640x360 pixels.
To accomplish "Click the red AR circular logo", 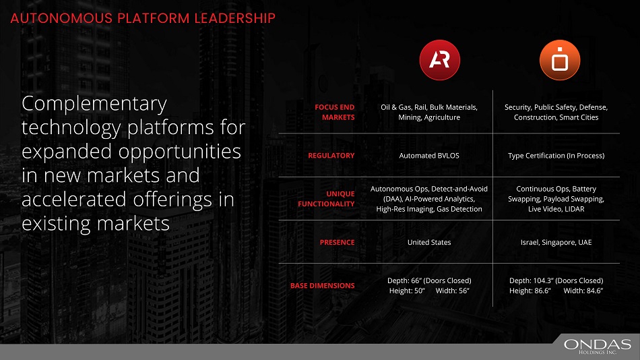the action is pos(440,60).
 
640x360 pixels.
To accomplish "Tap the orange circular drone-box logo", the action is pos(560,60).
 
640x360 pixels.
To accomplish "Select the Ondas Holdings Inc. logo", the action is pos(597,346).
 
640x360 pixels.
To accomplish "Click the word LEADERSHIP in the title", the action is pos(234,18).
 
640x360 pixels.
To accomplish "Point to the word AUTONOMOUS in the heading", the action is pos(61,18).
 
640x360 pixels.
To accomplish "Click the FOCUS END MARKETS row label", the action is pos(334,112).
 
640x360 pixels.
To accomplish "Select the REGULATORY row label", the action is pos(331,155).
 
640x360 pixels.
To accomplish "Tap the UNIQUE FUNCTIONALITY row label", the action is pos(326,199).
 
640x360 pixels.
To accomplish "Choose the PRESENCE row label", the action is pos(337,242).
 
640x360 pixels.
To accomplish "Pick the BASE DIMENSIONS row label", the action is pos(323,286).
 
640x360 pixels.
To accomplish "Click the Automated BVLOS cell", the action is pos(429,155).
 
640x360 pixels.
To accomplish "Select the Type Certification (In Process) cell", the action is pos(556,155).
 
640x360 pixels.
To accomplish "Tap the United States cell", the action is pos(429,242).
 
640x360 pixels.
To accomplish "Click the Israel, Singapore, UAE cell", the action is pos(556,242).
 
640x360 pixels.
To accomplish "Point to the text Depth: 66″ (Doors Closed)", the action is pos(429,280).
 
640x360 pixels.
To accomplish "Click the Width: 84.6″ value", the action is pos(583,291).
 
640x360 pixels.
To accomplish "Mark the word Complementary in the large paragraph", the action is pos(94,104).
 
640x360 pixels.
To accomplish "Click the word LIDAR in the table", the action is pos(574,209).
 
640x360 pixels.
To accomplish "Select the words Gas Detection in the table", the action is pos(459,209).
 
